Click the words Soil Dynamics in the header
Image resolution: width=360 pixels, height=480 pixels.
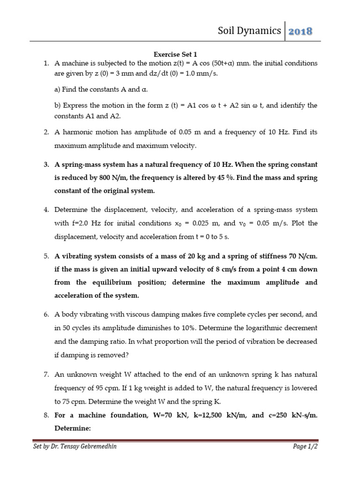249,31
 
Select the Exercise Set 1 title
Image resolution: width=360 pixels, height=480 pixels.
179,54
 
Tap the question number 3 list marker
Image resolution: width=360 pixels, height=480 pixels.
46,165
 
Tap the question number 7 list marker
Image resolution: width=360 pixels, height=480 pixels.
46,375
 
